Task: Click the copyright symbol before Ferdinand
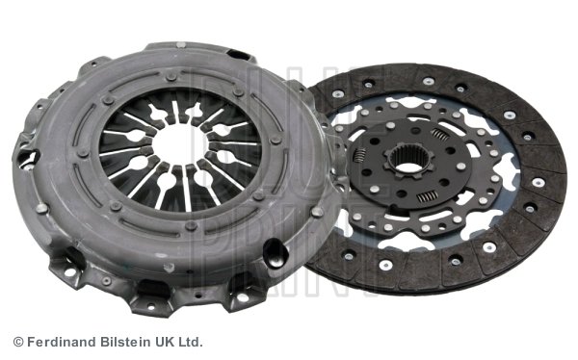tap(18, 342)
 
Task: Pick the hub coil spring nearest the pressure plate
tap(359, 153)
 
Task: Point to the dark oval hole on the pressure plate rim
tap(276, 254)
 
